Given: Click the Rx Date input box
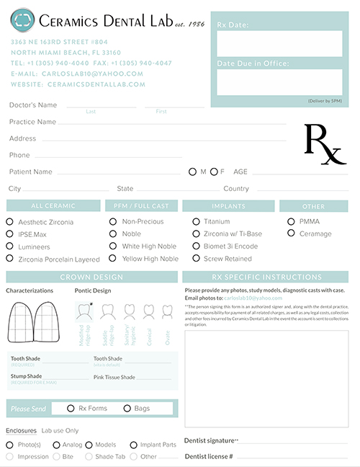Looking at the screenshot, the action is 279,44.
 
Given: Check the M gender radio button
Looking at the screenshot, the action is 192,172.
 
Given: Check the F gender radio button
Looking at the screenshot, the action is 213,172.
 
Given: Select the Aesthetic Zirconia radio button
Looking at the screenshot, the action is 10,222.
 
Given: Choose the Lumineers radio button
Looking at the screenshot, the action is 10,246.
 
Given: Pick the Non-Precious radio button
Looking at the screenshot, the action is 113,221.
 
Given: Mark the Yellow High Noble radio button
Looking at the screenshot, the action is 113,258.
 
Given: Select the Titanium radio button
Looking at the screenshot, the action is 196,221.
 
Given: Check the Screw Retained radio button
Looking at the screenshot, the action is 196,258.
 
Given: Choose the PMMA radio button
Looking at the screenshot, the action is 291,221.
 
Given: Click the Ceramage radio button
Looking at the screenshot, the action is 291,233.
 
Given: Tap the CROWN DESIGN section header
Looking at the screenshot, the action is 91,277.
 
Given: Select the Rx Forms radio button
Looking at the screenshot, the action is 71,409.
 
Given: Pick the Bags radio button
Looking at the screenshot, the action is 127,409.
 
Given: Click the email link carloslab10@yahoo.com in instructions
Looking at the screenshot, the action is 253,298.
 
